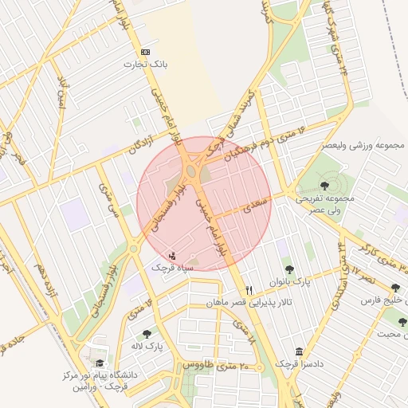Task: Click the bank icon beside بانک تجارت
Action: pyautogui.click(x=144, y=51)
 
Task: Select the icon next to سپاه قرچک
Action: pyautogui.click(x=173, y=256)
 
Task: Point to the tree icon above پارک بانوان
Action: pyautogui.click(x=288, y=269)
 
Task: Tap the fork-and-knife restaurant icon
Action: pyautogui.click(x=249, y=290)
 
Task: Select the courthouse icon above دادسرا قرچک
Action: pyautogui.click(x=299, y=351)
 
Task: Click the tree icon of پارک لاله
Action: pyautogui.click(x=146, y=335)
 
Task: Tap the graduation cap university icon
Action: pyautogui.click(x=100, y=363)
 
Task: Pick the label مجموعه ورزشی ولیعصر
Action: pyautogui.click(x=363, y=146)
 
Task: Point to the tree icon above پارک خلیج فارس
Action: pyautogui.click(x=396, y=288)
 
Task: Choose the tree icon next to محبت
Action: pyautogui.click(x=402, y=322)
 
